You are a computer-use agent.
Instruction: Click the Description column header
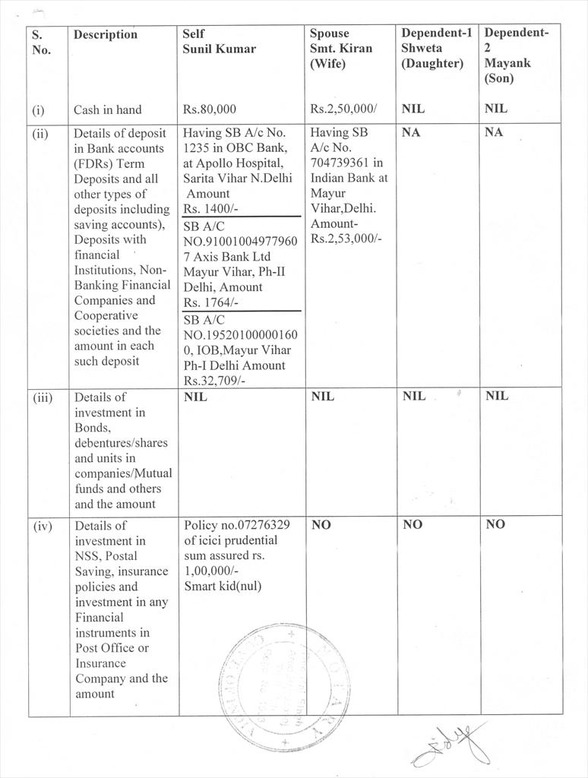tap(106, 34)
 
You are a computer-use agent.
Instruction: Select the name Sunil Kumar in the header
tap(220, 49)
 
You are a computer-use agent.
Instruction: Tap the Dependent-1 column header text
tap(437, 33)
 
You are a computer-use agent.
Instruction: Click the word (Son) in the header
tap(499, 78)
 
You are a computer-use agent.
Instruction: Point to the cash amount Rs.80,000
tap(210, 109)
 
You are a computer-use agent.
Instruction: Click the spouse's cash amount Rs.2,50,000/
tap(343, 109)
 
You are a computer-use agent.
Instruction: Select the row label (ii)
tap(40, 134)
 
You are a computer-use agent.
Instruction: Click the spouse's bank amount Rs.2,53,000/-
tap(346, 239)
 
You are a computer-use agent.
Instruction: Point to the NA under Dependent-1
tap(411, 133)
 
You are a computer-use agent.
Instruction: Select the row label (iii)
tap(43, 397)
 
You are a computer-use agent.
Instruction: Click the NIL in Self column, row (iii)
tap(196, 397)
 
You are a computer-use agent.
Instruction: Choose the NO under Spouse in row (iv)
tap(321, 525)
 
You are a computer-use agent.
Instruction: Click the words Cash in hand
tap(107, 109)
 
